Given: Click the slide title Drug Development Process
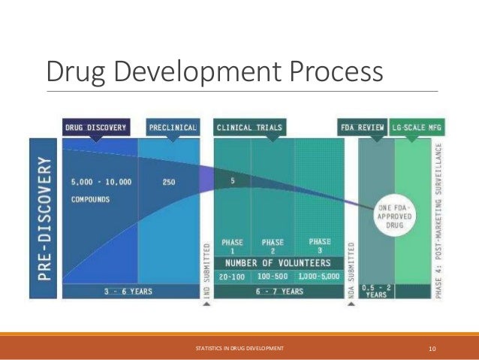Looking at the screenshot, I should pyautogui.click(x=215, y=72).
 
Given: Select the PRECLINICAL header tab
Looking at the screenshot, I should pyautogui.click(x=173, y=128).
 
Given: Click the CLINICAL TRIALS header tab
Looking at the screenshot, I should pyautogui.click(x=249, y=128).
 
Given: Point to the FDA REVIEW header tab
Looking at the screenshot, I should pyautogui.click(x=363, y=128).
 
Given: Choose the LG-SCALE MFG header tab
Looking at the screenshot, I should pyautogui.click(x=417, y=128).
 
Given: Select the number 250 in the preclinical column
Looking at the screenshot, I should pyautogui.click(x=170, y=181).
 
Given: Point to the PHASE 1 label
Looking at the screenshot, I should pyautogui.click(x=233, y=247).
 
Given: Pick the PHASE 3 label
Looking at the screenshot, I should pyautogui.click(x=320, y=246).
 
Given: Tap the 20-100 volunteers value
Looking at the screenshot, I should pyautogui.click(x=232, y=277).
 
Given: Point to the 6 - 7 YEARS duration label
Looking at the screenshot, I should pyautogui.click(x=279, y=291).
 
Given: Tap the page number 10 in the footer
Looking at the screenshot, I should pyautogui.click(x=432, y=348).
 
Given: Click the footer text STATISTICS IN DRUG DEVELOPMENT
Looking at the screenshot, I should pyautogui.click(x=239, y=348).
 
